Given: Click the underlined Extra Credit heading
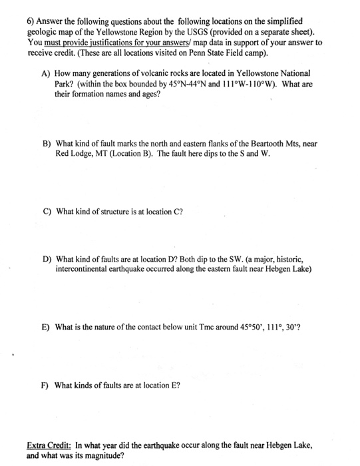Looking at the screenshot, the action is pyautogui.click(x=49, y=443).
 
